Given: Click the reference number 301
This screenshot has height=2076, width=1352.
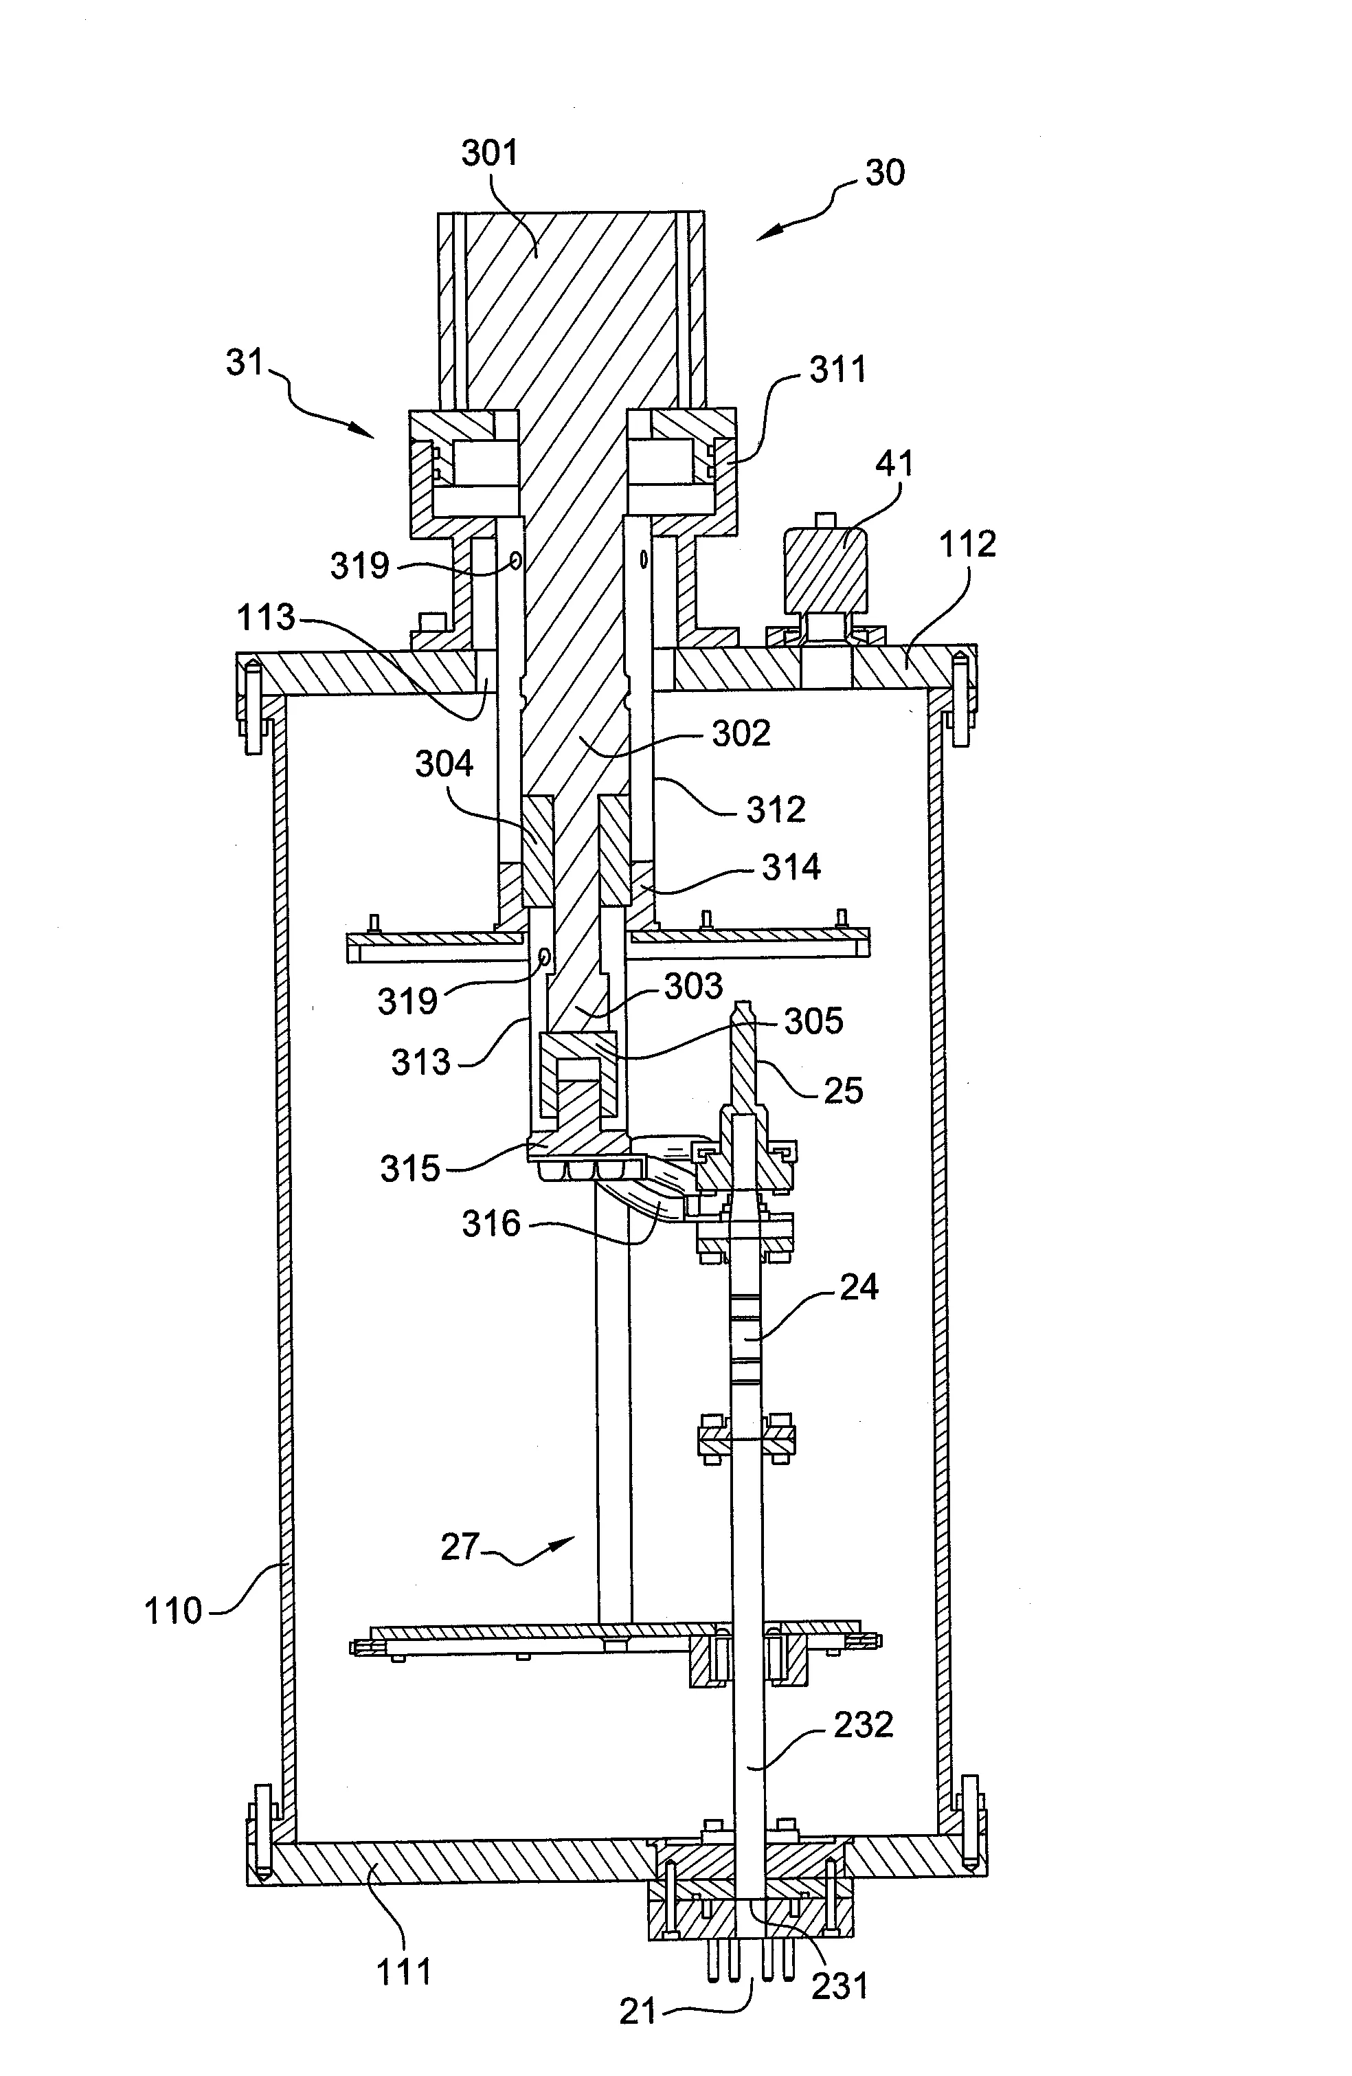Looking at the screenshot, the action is [489, 153].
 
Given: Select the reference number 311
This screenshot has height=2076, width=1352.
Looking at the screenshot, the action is [838, 370].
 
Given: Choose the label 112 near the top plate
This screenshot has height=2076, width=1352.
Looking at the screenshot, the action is [967, 544].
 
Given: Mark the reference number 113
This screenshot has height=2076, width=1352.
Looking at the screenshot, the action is [266, 618].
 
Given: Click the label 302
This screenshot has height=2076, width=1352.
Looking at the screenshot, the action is [741, 734].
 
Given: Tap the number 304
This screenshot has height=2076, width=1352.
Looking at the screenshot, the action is [444, 764].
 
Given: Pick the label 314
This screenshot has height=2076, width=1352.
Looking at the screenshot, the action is [791, 867].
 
